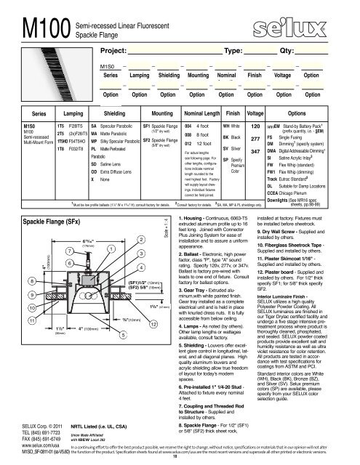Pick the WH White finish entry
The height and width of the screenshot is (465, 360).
pos(232,126)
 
